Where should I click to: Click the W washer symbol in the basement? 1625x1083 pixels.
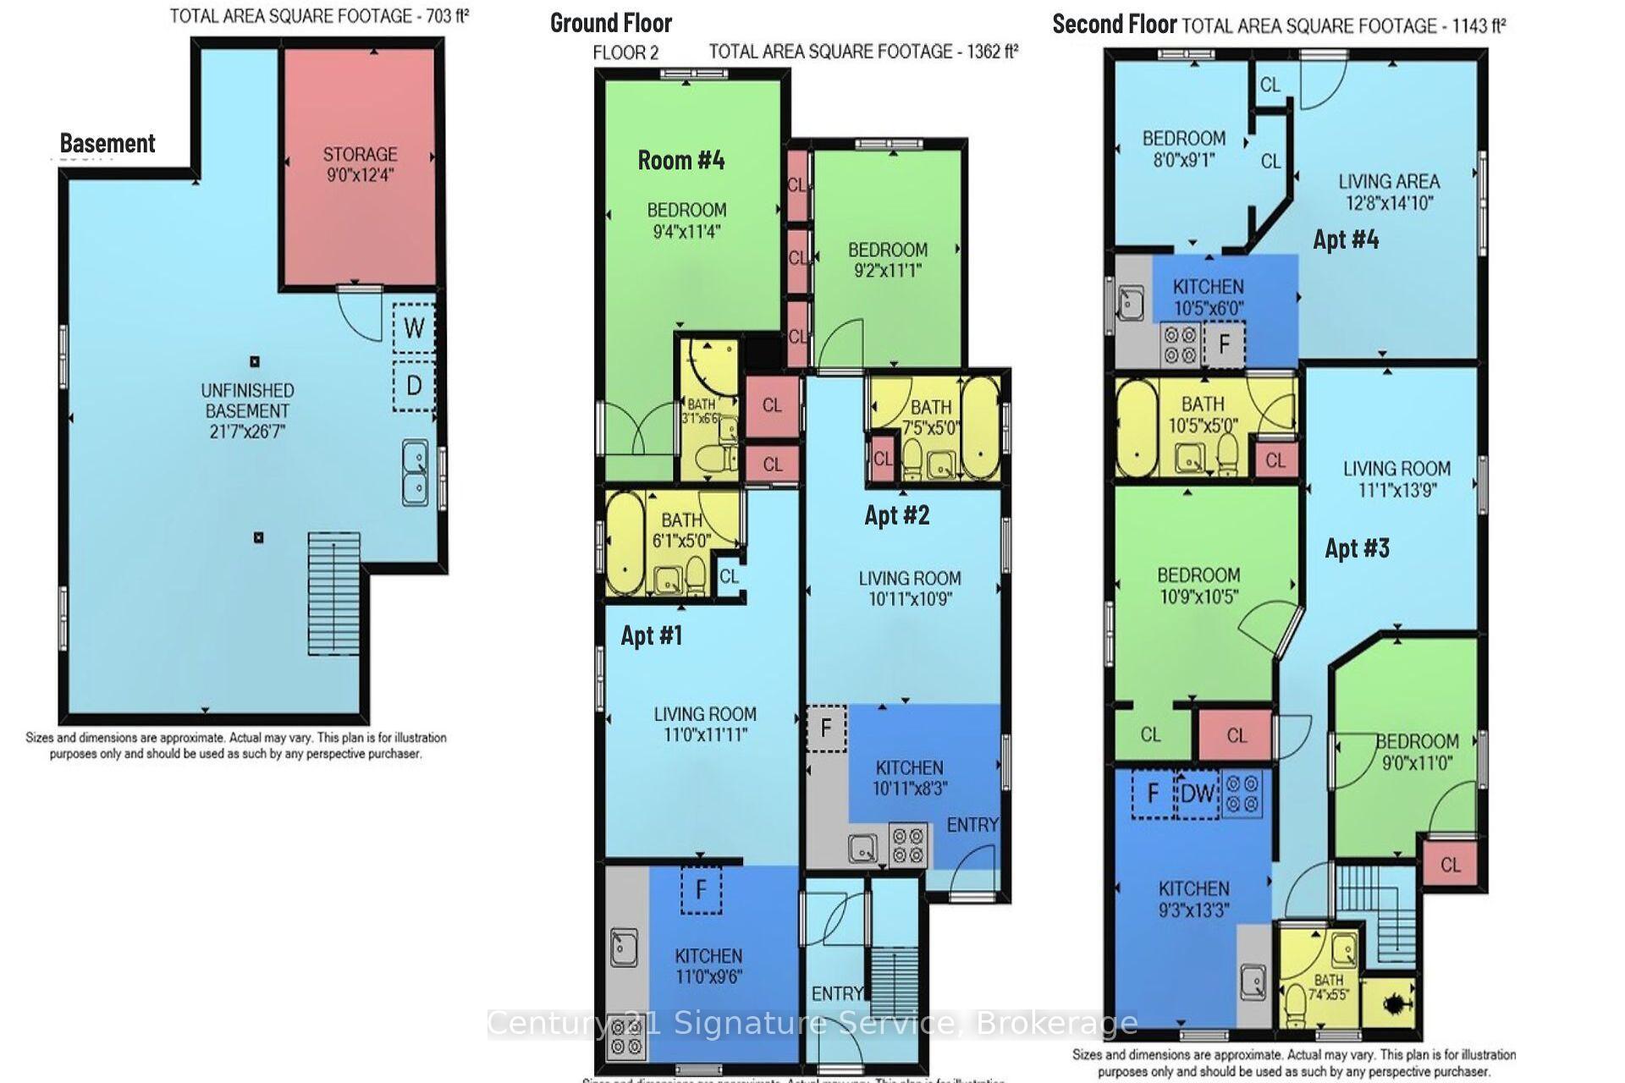[x=414, y=327]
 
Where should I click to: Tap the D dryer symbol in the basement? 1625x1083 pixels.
[x=414, y=386]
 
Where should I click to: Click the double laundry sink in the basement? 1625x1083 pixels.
[x=414, y=472]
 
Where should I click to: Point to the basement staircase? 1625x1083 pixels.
[x=334, y=592]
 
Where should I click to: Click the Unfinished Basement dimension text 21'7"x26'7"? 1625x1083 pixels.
[x=247, y=432]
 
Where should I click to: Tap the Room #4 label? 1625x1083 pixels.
[x=680, y=160]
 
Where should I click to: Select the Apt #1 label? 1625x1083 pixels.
[x=651, y=635]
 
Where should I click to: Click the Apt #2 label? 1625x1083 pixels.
[x=896, y=514]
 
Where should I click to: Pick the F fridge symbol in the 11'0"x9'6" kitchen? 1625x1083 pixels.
[x=701, y=889]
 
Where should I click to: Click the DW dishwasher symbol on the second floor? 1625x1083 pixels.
[x=1197, y=794]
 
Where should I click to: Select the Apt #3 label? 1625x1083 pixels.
[x=1357, y=548]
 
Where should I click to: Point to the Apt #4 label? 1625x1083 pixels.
[x=1346, y=239]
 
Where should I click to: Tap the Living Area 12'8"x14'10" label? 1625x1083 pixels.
[x=1388, y=192]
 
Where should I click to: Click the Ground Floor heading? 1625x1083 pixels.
[x=611, y=23]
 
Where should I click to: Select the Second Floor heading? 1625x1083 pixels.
[x=1114, y=25]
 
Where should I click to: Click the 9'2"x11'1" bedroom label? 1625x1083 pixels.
[x=887, y=260]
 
